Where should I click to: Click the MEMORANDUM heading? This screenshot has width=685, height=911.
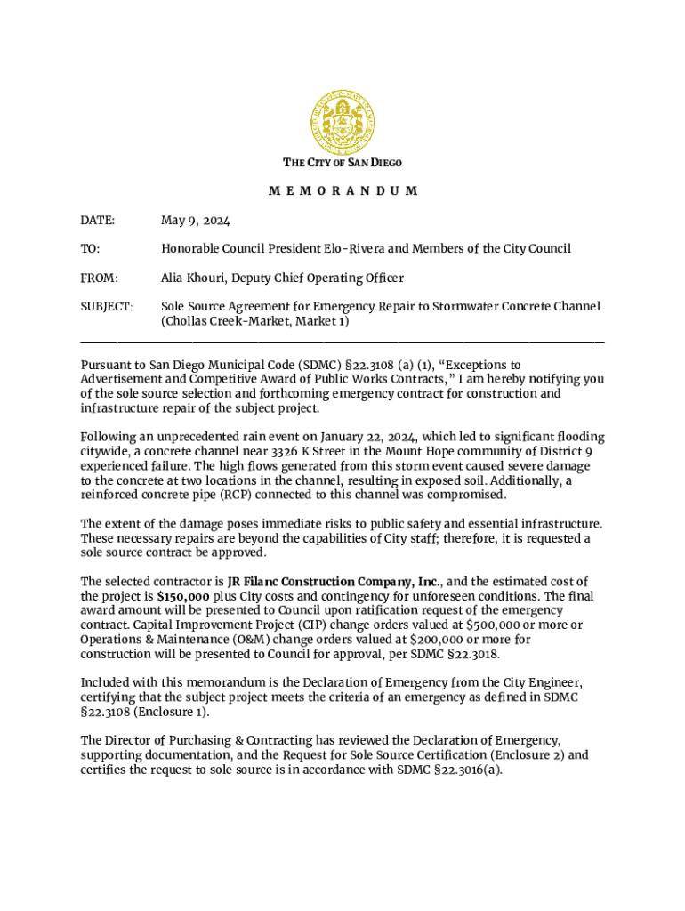tap(342, 191)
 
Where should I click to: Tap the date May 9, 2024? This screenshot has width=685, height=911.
tap(196, 220)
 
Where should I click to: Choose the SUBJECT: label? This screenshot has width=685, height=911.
tap(107, 306)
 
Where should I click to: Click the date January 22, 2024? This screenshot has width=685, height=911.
tap(362, 437)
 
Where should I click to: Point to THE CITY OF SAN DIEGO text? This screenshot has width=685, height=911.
tap(342, 163)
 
